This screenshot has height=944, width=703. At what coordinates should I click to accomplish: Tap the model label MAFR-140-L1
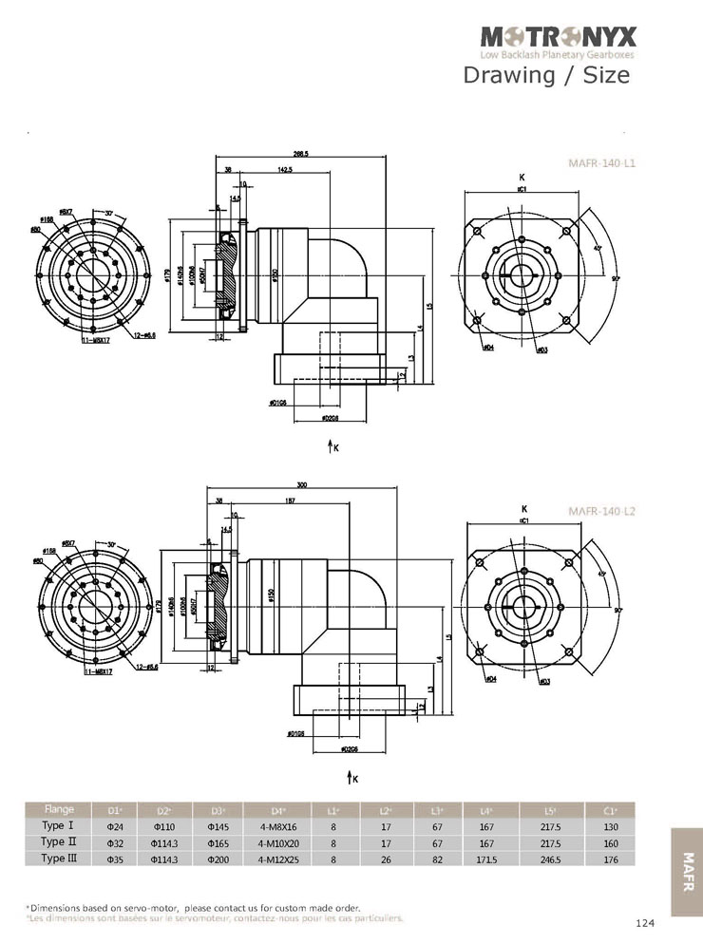pos(601,163)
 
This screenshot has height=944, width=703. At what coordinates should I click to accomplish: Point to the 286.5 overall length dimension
pos(301,154)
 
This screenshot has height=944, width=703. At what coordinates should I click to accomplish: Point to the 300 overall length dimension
pos(301,485)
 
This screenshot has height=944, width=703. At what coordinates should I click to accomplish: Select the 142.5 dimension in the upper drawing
pos(284,170)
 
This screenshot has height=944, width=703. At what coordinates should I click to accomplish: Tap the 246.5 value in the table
pos(549,859)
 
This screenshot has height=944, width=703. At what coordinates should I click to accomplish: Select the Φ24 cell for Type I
pos(114,826)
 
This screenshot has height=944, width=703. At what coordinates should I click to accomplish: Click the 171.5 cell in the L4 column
pos(486,859)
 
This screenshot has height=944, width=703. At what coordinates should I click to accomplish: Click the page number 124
pos(645,923)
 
